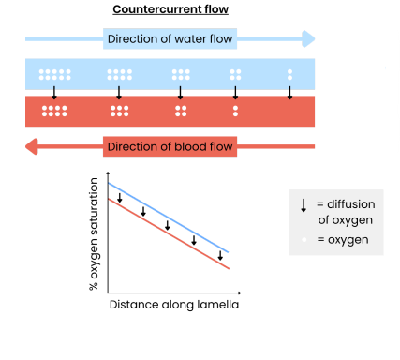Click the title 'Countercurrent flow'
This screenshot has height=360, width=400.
[170, 10]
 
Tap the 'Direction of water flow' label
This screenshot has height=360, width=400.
[170, 39]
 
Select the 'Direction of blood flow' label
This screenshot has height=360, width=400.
[170, 146]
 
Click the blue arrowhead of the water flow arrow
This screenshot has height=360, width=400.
[309, 39]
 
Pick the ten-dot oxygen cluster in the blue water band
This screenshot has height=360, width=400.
[54, 74]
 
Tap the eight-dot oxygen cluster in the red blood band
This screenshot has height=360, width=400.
[54, 111]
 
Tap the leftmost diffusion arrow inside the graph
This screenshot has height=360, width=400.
[120, 196]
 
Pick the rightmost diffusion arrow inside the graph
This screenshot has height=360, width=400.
[220, 254]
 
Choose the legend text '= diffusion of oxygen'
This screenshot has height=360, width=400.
[345, 212]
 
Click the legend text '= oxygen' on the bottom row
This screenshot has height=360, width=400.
[343, 241]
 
